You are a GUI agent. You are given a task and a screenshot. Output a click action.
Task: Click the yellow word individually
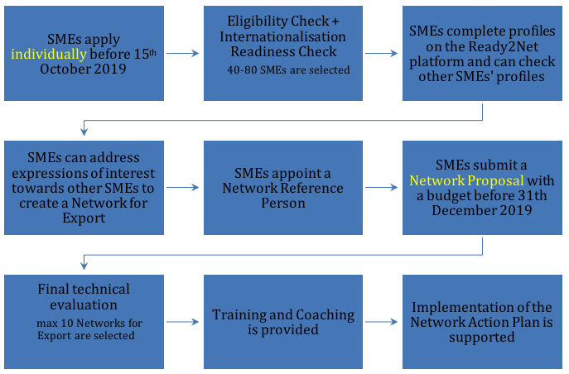click(49, 55)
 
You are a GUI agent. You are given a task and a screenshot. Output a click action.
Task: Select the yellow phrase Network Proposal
click(466, 181)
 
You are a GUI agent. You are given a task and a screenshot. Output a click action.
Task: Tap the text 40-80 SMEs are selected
click(288, 70)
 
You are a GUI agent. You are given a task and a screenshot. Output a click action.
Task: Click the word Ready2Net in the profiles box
click(503, 46)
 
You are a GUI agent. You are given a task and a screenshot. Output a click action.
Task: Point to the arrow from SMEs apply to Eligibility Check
click(183, 53)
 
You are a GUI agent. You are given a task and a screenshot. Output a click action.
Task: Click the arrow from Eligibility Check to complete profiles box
click(382, 53)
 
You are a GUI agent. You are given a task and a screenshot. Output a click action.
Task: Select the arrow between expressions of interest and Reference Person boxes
click(183, 187)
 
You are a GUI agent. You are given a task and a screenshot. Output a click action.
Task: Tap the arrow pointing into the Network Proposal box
click(382, 187)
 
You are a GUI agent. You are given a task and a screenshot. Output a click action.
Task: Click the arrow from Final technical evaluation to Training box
click(183, 322)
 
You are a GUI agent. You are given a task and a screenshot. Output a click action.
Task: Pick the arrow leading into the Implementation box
click(382, 322)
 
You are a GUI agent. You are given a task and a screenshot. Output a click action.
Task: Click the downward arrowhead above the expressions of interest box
click(84, 132)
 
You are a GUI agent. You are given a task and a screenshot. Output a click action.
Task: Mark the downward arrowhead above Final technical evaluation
click(84, 266)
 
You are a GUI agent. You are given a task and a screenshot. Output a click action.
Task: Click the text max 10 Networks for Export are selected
click(89, 329)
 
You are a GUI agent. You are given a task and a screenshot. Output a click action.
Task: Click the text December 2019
click(482, 210)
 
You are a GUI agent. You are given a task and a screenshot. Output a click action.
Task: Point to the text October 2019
click(83, 69)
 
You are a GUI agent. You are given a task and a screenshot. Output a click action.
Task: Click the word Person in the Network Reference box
click(283, 203)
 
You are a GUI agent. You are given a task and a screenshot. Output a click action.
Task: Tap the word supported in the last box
click(481, 338)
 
